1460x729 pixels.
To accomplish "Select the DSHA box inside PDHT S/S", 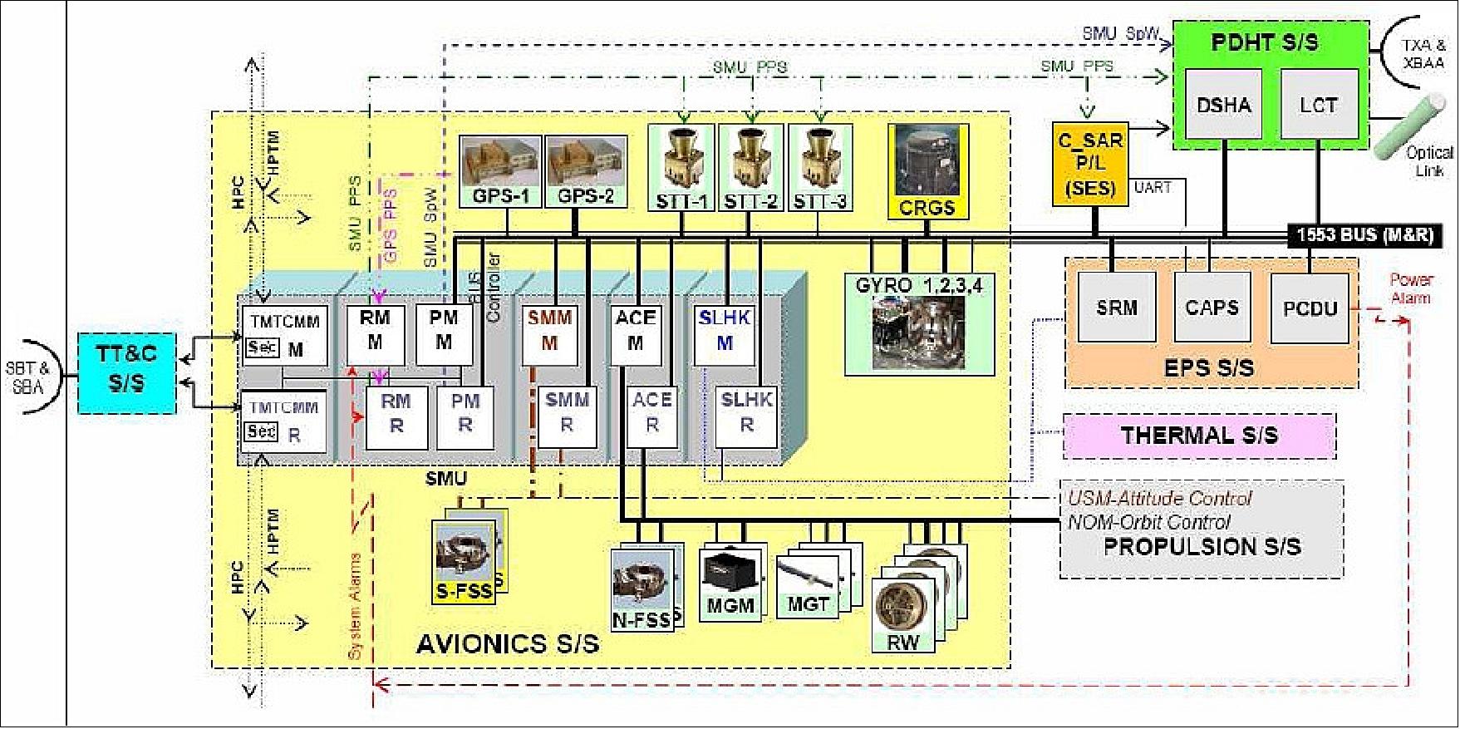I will coord(1223,105).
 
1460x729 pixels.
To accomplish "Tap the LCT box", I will coord(1319,105).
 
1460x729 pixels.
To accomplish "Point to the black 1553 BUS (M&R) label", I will coord(1364,235).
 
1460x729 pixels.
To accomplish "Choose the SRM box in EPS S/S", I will coord(1116,308).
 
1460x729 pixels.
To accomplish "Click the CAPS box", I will coord(1212,308).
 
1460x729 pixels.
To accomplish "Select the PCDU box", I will coord(1310,308).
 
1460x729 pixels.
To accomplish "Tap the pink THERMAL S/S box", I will coord(1199,436).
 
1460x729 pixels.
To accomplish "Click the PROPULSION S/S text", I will coord(1202,547).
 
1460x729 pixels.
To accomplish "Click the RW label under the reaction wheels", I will coord(902,643).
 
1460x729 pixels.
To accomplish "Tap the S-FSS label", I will coord(465,593).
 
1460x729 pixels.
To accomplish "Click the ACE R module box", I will coord(652,412).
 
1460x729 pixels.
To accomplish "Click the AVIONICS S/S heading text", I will coord(507,643).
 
